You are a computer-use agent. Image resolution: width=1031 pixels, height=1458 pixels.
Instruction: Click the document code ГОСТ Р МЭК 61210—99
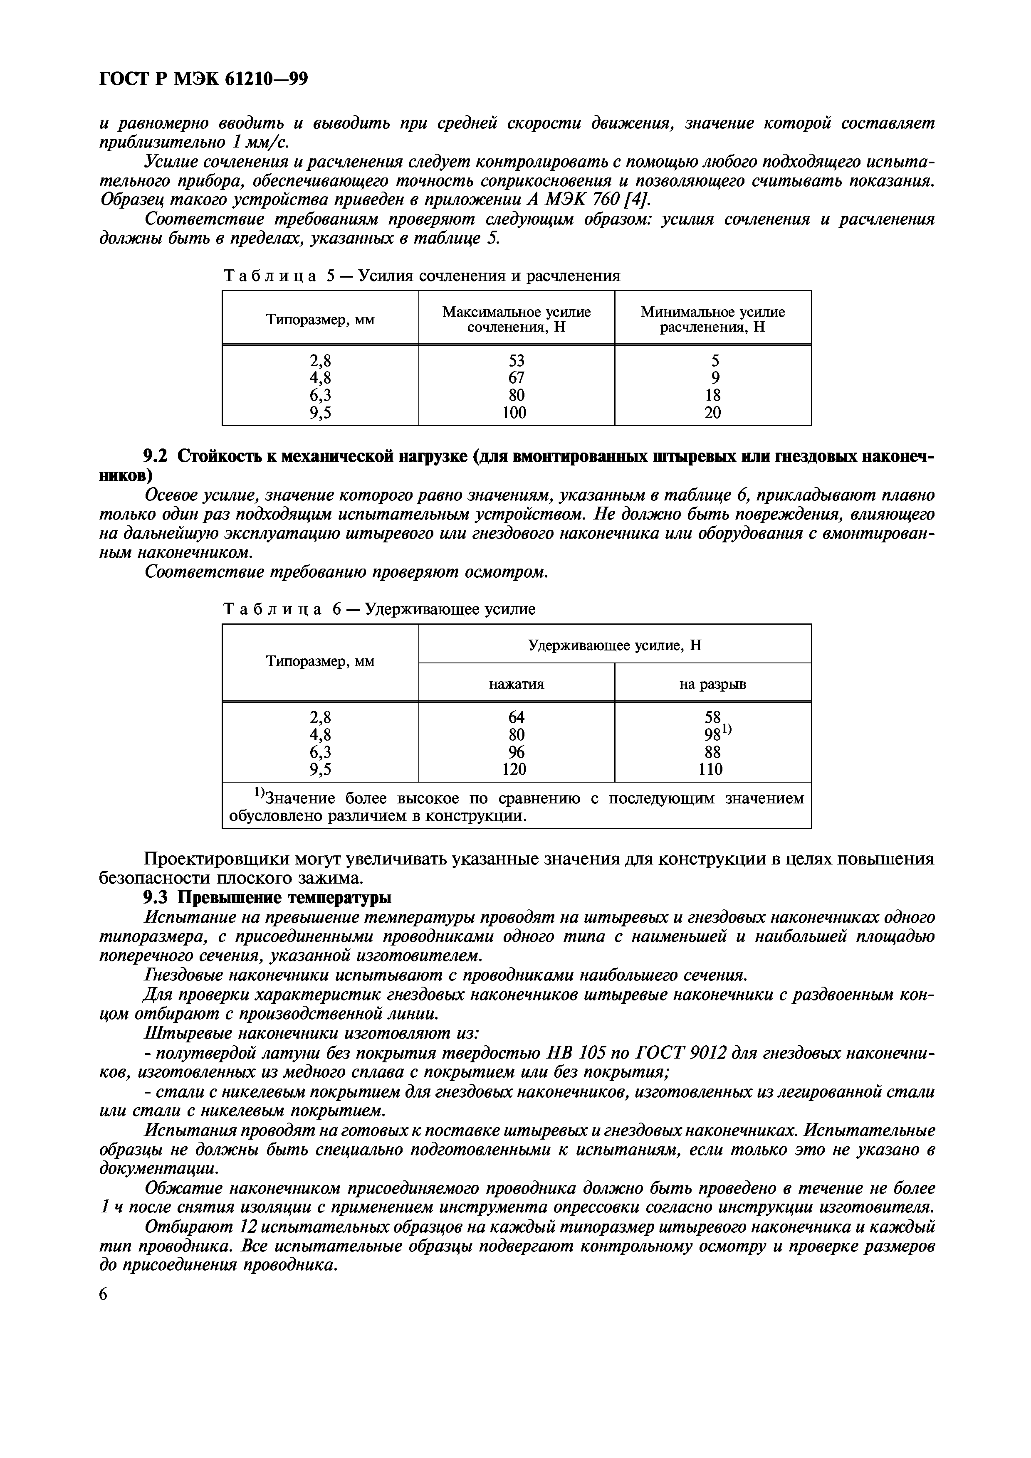pos(204,79)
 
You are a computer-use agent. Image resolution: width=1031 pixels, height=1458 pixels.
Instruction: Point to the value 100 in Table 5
pos(514,413)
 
